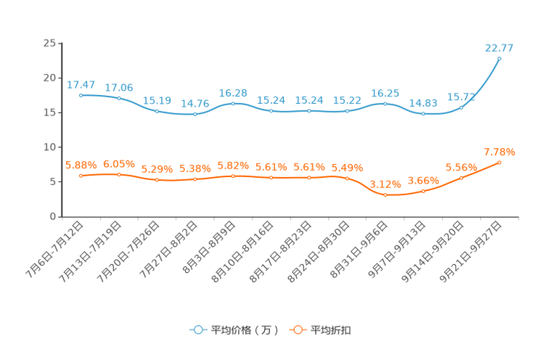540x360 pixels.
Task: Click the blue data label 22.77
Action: coord(499,48)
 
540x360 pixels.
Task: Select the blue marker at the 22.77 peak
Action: coord(499,58)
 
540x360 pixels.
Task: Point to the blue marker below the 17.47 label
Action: coord(81,95)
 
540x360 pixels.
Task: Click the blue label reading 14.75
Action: coord(195,104)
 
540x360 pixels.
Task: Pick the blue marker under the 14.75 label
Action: coord(195,114)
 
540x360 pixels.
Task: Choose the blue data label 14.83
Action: coord(423,104)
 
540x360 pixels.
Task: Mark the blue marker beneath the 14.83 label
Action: coord(423,114)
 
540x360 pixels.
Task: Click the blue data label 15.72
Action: coord(462,97)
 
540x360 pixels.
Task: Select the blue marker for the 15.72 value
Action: coord(462,107)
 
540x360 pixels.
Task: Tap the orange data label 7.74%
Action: coord(499,152)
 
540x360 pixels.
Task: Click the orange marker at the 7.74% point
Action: coord(499,162)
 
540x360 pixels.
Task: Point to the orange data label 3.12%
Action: coord(385,184)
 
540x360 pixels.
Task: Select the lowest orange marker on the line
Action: coord(385,195)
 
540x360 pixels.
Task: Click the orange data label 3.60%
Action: coord(422,180)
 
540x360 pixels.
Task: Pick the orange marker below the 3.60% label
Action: coord(423,192)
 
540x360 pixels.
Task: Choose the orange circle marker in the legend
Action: coord(297,330)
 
